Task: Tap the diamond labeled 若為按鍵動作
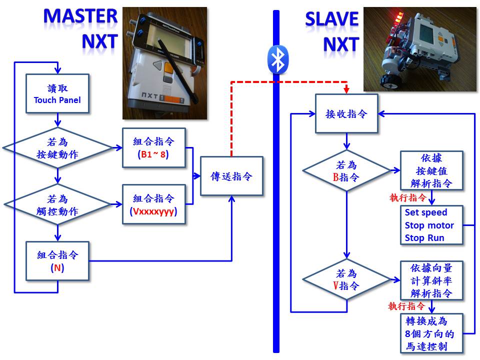pyautogui.click(x=57, y=148)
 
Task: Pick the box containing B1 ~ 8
pyautogui.click(x=153, y=147)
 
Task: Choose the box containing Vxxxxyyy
pyautogui.click(x=153, y=204)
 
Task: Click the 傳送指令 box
pyautogui.click(x=231, y=176)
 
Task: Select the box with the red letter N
pyautogui.click(x=57, y=260)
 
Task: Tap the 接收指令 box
pyautogui.click(x=346, y=114)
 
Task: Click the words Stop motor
pyautogui.click(x=429, y=225)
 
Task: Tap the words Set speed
pyautogui.click(x=425, y=213)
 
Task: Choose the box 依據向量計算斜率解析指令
pyautogui.click(x=432, y=280)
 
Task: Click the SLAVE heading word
pyautogui.click(x=331, y=19)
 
